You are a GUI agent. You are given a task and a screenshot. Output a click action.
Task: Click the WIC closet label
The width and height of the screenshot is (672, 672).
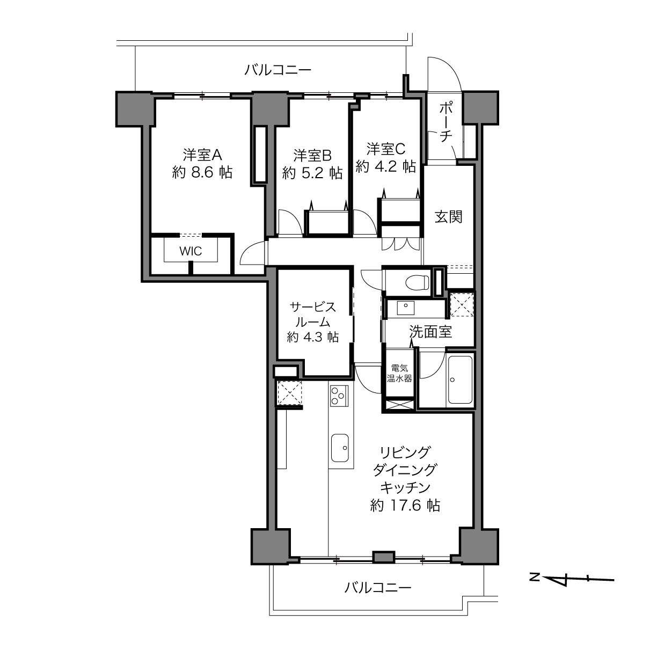point(191,251)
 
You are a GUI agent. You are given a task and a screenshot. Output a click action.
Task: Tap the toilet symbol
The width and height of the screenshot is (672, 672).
point(418,282)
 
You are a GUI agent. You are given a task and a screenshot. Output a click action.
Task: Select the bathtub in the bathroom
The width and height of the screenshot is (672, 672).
point(460,379)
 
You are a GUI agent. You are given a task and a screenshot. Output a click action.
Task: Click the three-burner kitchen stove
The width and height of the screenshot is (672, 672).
point(339,396)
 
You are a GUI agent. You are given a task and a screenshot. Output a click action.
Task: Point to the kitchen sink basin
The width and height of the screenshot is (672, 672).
point(340,448)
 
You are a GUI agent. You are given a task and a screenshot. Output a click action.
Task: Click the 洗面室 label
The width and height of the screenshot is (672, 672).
point(430,332)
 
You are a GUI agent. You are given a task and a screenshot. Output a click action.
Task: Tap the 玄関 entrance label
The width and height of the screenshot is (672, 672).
point(449,217)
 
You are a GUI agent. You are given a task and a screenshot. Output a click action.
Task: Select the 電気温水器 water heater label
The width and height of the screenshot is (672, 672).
point(399,373)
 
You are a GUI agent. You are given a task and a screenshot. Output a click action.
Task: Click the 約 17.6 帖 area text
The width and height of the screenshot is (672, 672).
point(405,505)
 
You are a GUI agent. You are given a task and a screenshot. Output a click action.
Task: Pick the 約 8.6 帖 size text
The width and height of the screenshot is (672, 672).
point(202,172)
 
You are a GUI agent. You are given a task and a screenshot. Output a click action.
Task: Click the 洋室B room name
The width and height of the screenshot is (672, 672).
point(312,156)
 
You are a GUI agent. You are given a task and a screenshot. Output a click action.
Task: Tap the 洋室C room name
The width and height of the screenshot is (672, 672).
point(386,149)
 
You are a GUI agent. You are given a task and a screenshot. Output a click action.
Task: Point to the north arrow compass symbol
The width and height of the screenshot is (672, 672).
point(572,580)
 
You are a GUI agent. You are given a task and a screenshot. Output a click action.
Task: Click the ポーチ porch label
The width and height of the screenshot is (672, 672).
point(445,122)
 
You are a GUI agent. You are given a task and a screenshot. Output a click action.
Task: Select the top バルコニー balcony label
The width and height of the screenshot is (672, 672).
point(277,70)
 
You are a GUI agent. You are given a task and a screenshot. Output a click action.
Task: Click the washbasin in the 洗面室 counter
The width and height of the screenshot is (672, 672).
point(406,308)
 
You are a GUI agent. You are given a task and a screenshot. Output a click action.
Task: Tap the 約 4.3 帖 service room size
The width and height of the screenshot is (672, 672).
point(313,337)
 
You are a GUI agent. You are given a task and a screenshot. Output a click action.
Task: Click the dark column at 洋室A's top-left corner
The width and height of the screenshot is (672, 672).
point(135,109)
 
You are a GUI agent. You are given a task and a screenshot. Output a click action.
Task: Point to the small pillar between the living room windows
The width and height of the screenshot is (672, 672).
point(384,557)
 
